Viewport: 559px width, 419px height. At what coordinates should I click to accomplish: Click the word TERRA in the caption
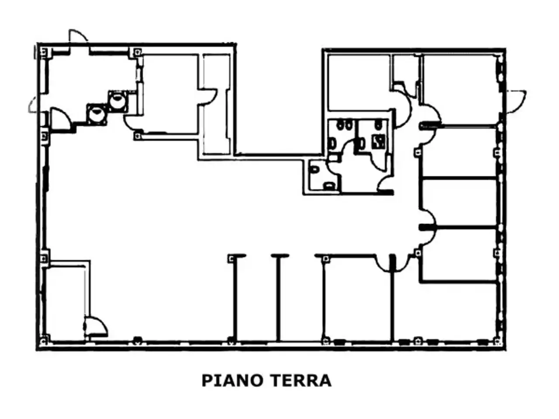coord(300,381)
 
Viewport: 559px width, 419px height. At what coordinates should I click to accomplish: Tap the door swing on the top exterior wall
coord(78,36)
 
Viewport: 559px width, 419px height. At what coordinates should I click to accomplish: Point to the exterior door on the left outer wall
coord(33,104)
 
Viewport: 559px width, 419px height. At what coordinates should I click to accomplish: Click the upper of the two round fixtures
coord(118,101)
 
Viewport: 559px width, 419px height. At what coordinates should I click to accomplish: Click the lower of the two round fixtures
coord(97,114)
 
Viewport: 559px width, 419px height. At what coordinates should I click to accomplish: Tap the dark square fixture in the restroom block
coord(379,142)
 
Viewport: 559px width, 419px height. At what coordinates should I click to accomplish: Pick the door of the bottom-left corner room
coord(96,325)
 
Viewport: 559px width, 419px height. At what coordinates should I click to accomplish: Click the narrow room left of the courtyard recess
coord(216,104)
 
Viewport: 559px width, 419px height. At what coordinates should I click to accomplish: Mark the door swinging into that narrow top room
coord(208,96)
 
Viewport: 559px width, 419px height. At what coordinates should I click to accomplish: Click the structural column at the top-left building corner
coord(44,52)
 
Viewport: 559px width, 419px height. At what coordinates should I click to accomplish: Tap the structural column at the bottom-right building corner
coord(497,340)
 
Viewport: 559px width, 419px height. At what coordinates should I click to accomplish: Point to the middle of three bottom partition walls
coord(279,298)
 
